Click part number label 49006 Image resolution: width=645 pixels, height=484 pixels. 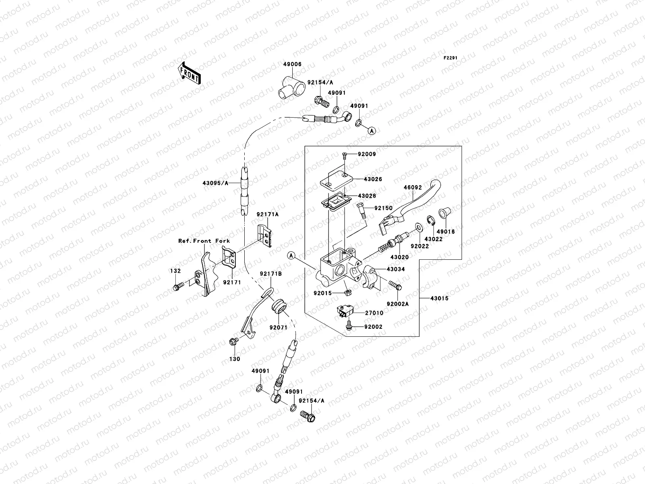[x=292, y=65]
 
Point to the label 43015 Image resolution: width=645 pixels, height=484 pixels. [x=439, y=298]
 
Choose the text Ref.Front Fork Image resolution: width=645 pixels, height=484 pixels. [x=204, y=241]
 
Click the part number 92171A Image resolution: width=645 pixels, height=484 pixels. [x=267, y=215]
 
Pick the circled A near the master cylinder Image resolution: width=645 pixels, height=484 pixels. [x=292, y=255]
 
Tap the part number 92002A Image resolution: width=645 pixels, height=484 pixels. [x=397, y=304]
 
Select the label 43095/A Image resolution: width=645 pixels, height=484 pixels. [x=215, y=183]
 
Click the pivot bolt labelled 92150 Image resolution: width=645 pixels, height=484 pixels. [x=361, y=210]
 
